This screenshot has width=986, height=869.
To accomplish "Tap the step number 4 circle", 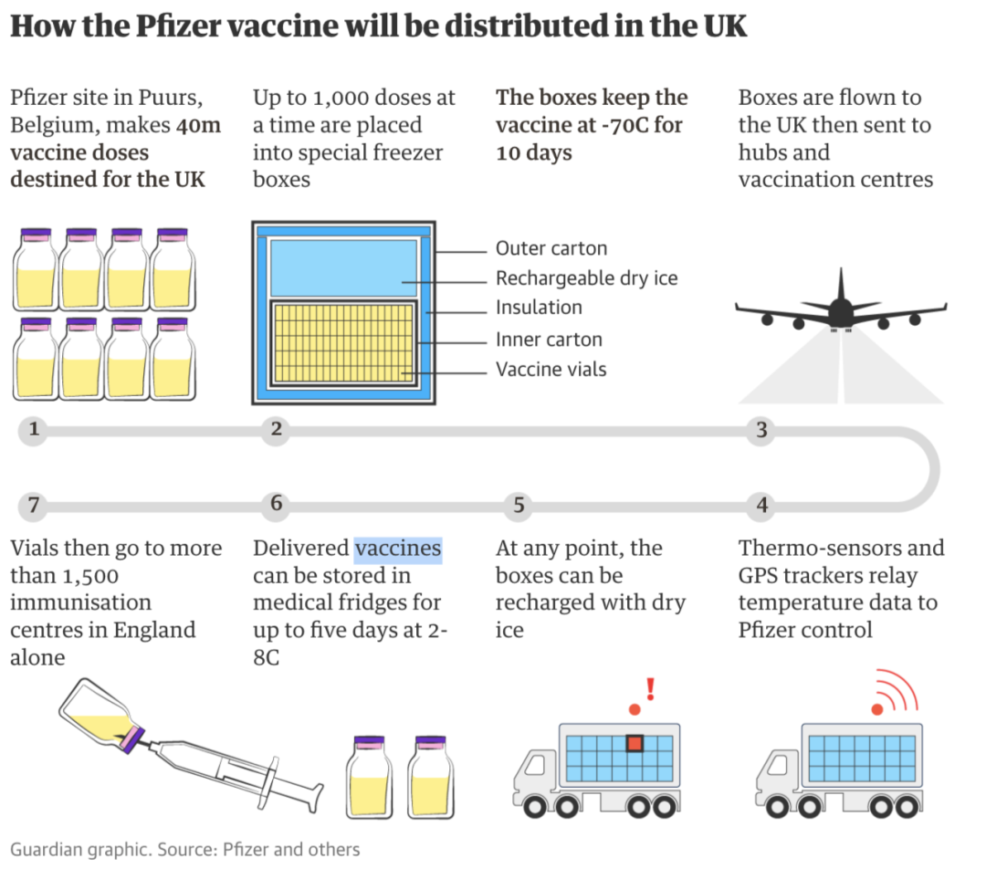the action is click(x=762, y=505).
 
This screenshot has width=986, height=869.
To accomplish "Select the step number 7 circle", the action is click(x=34, y=505).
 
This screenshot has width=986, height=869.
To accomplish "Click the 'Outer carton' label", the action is click(x=551, y=248).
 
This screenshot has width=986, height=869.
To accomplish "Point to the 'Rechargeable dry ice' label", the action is click(x=586, y=278).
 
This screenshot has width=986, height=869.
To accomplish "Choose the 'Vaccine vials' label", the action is click(x=551, y=370).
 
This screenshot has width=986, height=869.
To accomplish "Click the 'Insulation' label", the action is click(x=539, y=308).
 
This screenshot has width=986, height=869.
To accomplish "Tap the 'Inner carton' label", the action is click(x=549, y=340).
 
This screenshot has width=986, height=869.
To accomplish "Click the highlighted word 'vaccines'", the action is click(x=398, y=549).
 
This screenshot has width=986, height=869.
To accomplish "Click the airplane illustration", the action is click(x=840, y=310).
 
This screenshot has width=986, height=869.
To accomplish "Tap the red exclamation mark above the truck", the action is click(x=651, y=688).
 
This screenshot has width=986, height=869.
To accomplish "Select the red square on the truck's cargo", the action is click(x=635, y=744).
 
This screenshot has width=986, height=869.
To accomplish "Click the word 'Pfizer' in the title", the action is click(x=184, y=26).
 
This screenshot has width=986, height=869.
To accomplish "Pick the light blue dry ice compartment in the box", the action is click(x=341, y=267).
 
